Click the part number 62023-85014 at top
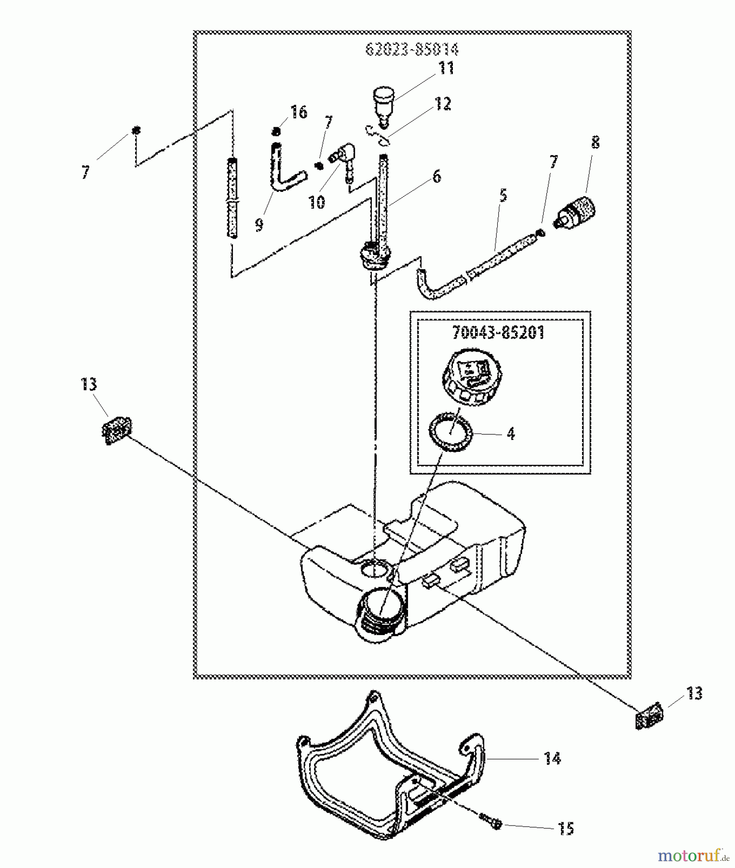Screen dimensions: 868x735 [x=412, y=49]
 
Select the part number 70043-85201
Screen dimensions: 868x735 [x=498, y=332]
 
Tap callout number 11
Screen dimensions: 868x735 [x=446, y=68]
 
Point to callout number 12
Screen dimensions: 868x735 [x=443, y=104]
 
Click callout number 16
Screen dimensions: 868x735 [x=299, y=112]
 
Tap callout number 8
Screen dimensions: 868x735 [x=595, y=143]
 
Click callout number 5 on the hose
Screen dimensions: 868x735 [x=504, y=196]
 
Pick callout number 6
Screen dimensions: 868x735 [x=436, y=177]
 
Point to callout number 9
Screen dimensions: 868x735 [x=259, y=224]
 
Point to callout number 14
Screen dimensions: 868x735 [x=552, y=759]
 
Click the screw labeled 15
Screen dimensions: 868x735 [x=491, y=821]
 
